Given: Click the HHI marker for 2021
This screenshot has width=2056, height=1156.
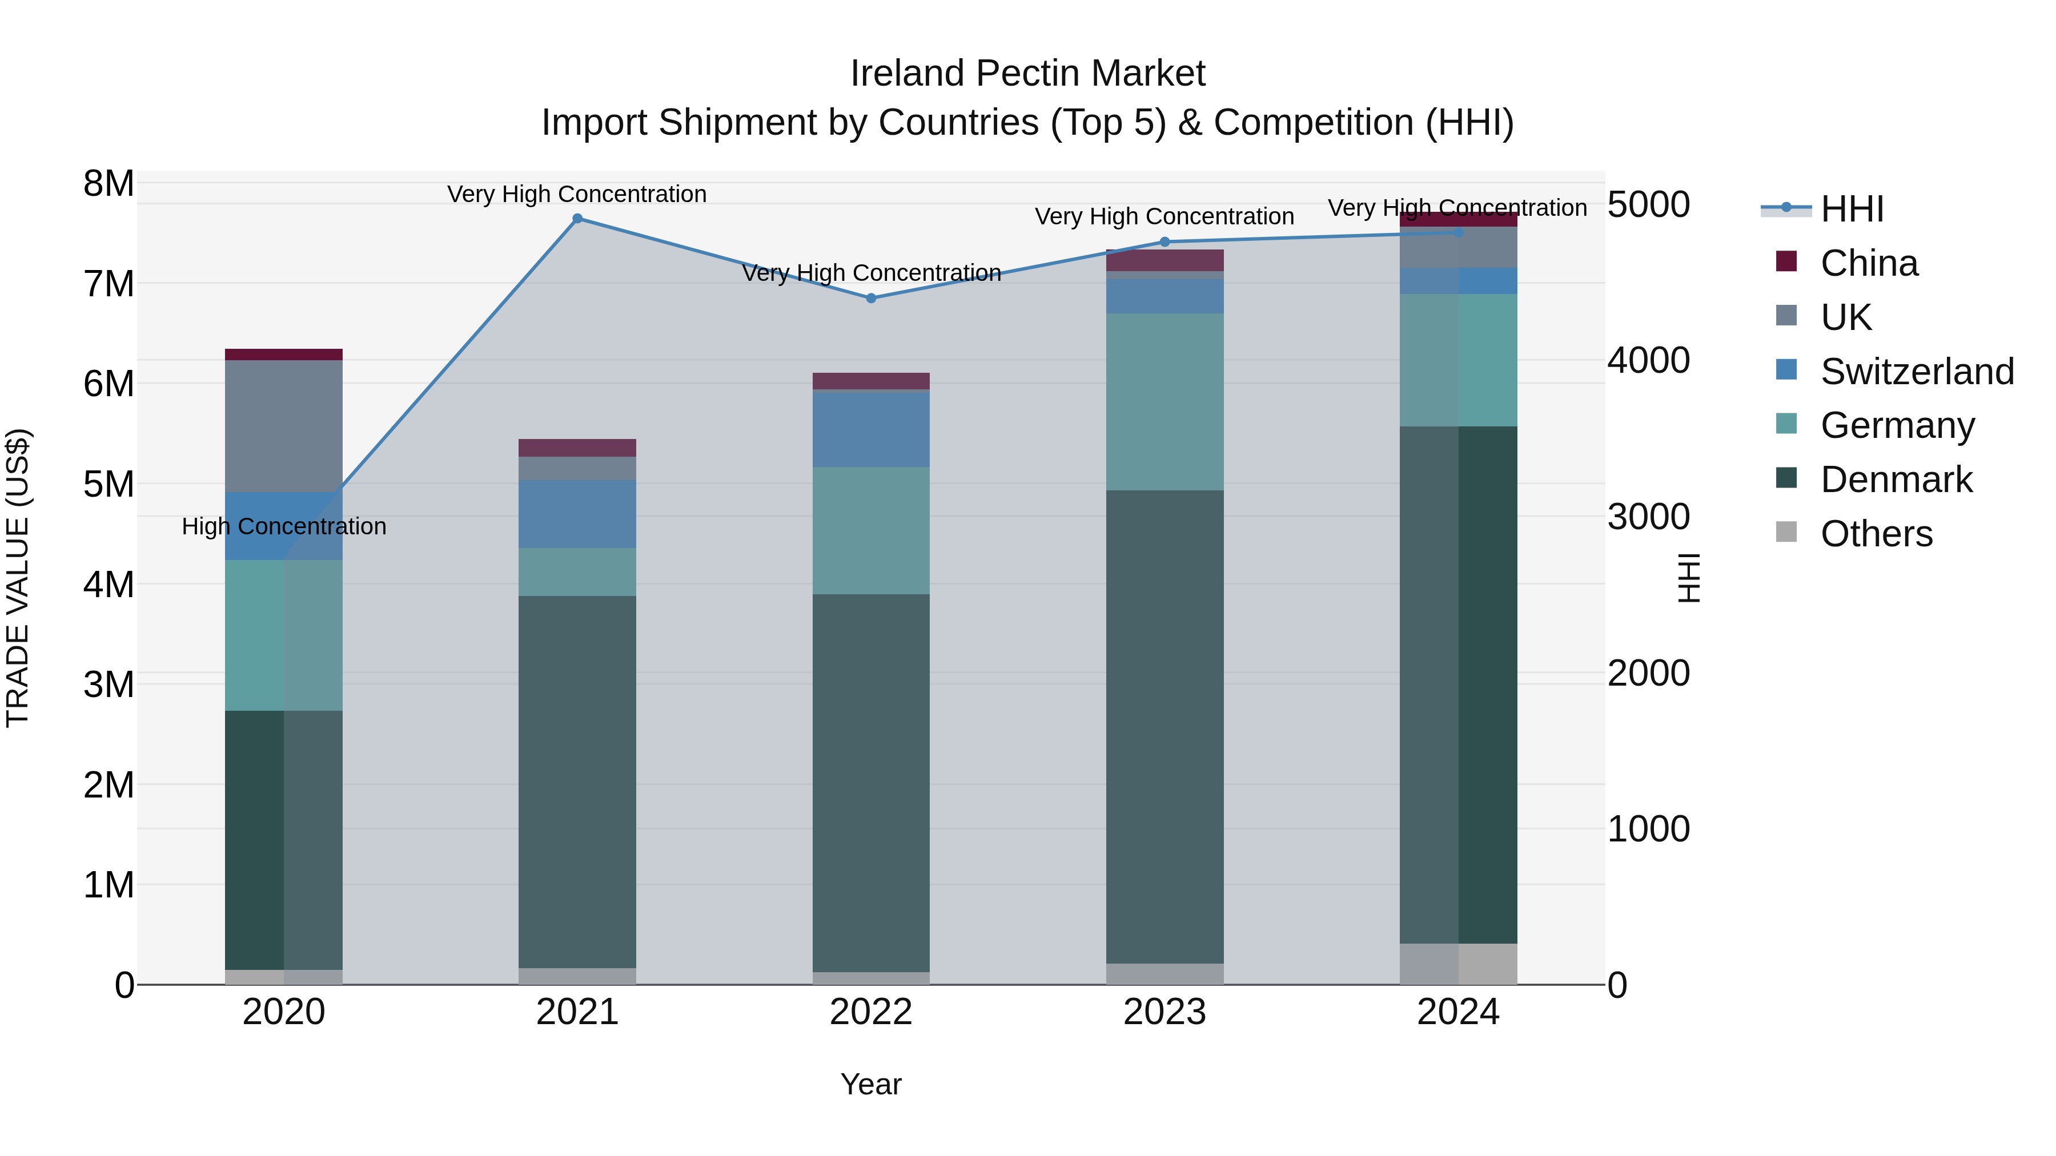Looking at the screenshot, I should [577, 219].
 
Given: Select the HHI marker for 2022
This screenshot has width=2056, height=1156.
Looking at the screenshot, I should [871, 299].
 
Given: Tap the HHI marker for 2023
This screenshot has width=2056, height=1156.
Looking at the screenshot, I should [1164, 241].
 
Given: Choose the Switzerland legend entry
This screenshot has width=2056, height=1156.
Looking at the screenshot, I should [1916, 372].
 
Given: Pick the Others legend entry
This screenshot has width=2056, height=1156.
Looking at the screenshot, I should [1876, 534].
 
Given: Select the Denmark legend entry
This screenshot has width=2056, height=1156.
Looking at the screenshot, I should [1896, 480].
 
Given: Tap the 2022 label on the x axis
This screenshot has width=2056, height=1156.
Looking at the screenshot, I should [871, 1012].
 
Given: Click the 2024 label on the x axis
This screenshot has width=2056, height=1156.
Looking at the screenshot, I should [1458, 1012].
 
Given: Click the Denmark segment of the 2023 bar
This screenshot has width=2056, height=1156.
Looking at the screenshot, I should [1164, 726].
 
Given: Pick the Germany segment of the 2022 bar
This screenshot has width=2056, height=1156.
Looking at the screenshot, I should [871, 530].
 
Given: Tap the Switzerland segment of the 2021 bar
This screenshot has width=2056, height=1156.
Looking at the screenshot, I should [577, 514].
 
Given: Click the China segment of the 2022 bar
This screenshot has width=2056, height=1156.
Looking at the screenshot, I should [871, 381].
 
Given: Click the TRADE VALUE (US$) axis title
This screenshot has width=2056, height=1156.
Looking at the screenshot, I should [18, 578].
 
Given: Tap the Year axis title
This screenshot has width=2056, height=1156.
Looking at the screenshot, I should [871, 1084].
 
